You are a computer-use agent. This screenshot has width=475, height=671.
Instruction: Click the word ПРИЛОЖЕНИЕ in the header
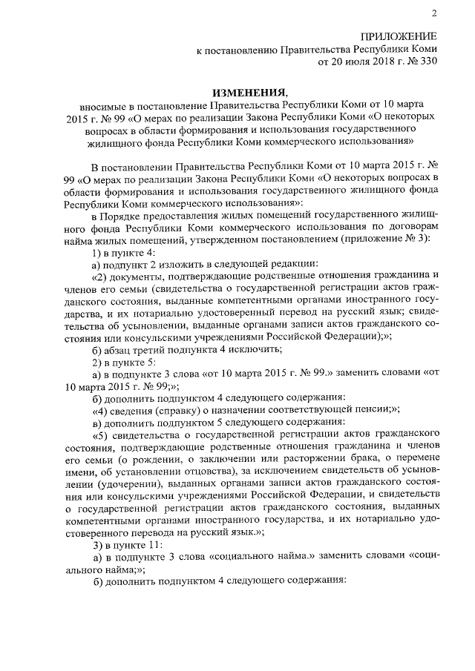tap(399, 36)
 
